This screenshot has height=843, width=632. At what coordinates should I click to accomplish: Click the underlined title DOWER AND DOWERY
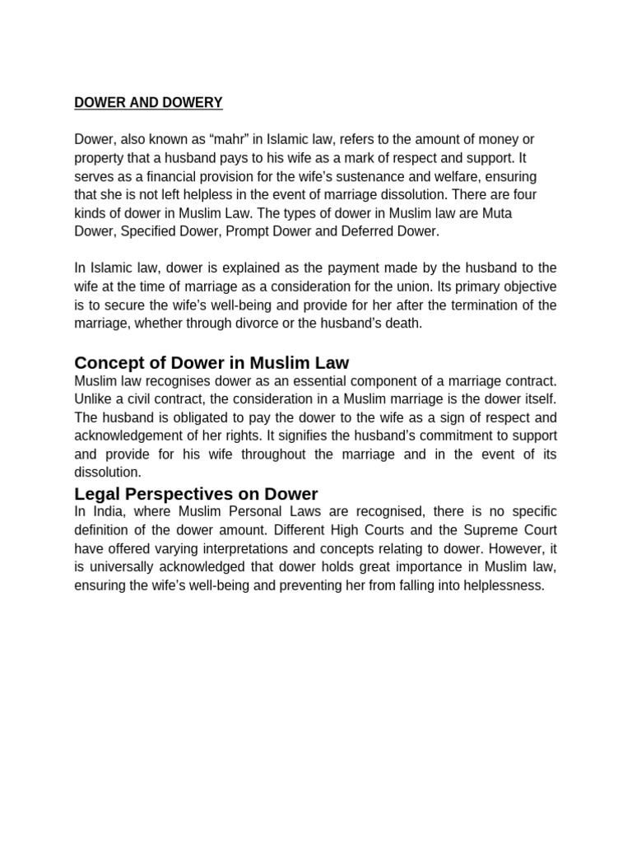click(x=148, y=103)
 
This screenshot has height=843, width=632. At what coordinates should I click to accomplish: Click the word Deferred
click(x=360, y=231)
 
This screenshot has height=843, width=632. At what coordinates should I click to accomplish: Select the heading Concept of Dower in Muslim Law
click(x=211, y=362)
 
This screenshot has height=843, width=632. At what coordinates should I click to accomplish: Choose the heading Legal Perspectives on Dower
click(x=196, y=494)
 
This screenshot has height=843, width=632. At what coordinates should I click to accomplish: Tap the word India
click(x=107, y=512)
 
